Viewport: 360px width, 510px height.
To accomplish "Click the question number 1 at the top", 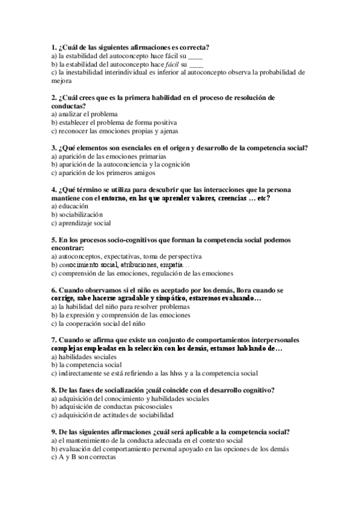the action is pos(53,48).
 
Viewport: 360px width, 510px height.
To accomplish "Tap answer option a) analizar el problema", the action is pos(85,114).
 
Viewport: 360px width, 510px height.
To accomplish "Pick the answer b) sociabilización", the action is pos(78,215).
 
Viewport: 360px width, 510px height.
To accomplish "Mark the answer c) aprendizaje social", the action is pos(81,223).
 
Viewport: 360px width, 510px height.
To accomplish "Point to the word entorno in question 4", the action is pos(108,198).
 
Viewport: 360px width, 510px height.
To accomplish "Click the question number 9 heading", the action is pos(54,432).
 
